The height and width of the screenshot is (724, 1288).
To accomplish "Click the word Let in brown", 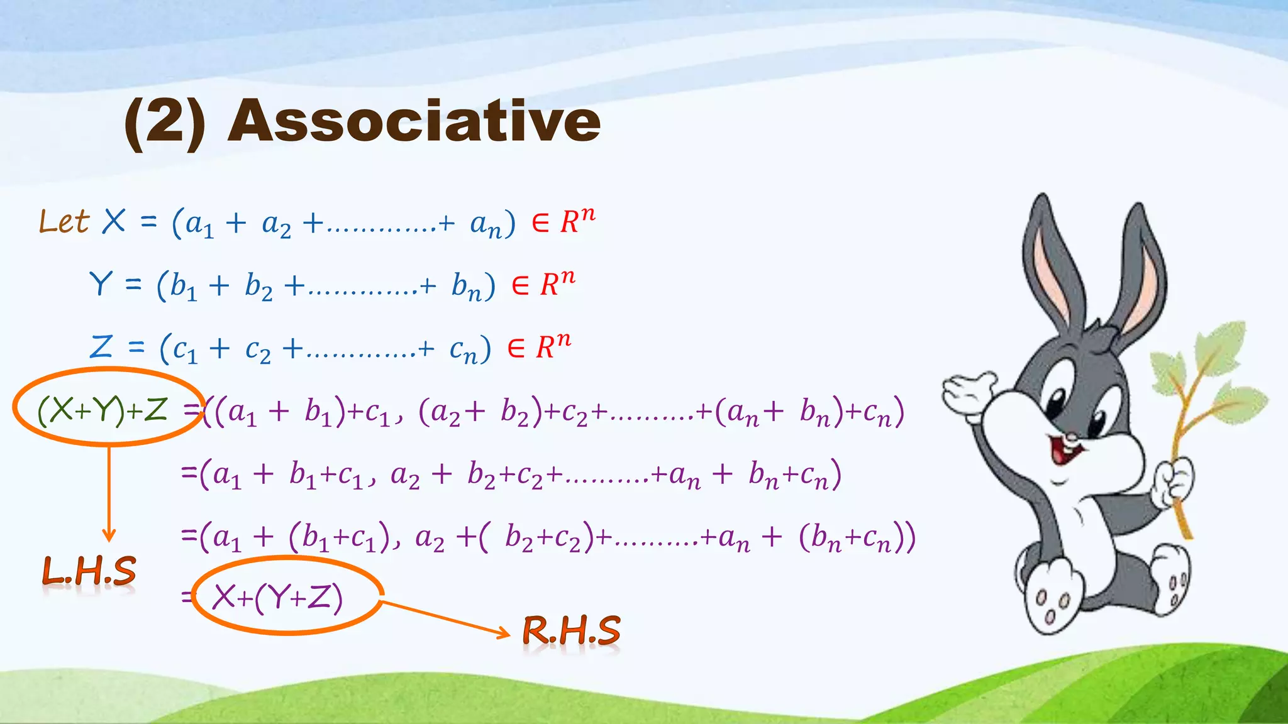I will [64, 222].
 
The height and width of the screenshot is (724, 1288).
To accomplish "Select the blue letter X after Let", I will [114, 221].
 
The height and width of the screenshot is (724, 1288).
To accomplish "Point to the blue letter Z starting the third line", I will [101, 346].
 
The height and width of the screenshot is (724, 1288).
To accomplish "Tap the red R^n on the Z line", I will [553, 346].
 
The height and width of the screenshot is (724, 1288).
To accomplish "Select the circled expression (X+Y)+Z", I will [103, 410].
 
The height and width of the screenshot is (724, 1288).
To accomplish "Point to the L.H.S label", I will [89, 572].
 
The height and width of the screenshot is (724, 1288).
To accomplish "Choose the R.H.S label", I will [571, 630].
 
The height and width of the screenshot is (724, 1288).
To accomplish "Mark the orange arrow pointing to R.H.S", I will [447, 619].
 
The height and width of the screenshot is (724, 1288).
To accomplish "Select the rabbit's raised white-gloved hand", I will [969, 393].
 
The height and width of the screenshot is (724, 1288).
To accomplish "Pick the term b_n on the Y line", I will [466, 287].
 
